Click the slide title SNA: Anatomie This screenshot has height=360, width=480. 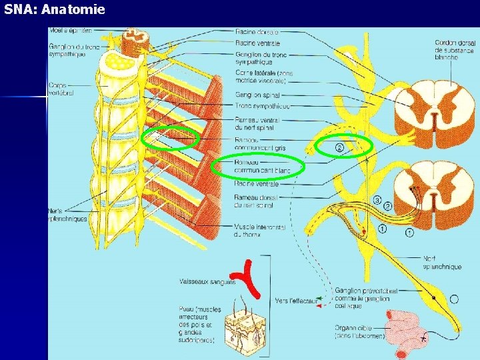(53, 10)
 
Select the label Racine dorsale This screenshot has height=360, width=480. (256, 31)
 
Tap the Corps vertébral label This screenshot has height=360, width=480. (61, 89)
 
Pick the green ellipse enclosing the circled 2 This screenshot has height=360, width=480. (343, 146)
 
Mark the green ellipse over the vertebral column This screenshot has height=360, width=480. (171, 138)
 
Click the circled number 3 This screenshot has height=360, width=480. (377, 200)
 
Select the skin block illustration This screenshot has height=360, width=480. (246, 327)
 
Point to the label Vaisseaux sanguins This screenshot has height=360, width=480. (207, 282)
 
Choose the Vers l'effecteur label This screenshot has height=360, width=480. (296, 301)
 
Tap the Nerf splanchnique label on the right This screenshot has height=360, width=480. (442, 263)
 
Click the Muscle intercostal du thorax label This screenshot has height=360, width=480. (260, 231)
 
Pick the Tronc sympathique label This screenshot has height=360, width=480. (262, 106)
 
